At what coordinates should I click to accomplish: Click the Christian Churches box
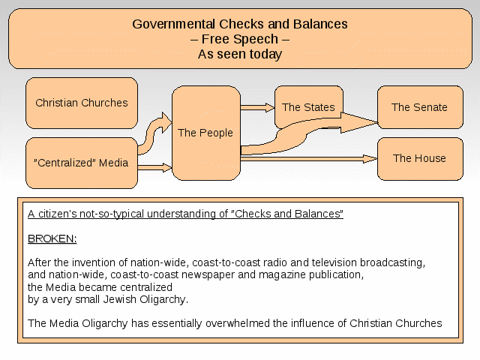[82, 103]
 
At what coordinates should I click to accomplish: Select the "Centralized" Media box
[82, 163]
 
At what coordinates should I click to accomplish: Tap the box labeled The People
[206, 133]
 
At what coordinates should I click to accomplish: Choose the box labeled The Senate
[420, 107]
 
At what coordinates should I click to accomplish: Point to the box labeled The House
[420, 159]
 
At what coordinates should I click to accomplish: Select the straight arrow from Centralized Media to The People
[155, 167]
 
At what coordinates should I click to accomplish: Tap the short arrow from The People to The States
[257, 107]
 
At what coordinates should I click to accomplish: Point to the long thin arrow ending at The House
[309, 158]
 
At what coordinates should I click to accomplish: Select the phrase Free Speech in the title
[240, 39]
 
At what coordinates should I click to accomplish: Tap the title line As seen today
[240, 54]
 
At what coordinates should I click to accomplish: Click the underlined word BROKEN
[52, 238]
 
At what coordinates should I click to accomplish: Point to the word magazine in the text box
[282, 275]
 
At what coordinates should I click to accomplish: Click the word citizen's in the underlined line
[58, 214]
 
